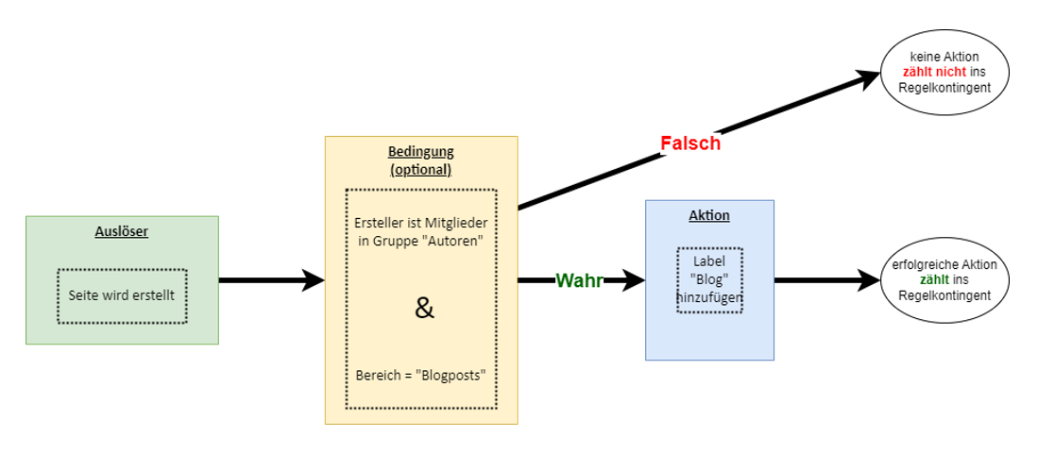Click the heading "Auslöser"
coord(122,230)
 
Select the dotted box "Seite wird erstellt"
coord(122,295)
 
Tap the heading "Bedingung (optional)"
coord(420,160)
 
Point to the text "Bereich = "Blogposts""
coord(421,375)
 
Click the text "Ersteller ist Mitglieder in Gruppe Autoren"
coord(421,231)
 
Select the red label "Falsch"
coord(689,143)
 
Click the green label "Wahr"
coord(579,280)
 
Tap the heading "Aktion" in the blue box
coord(709,215)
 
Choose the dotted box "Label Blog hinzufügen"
coord(709,279)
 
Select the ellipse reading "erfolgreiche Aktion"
coord(944,280)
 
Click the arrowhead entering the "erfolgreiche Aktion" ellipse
coord(867,280)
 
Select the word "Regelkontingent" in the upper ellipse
coord(944,87)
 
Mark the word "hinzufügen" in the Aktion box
coord(709,298)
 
